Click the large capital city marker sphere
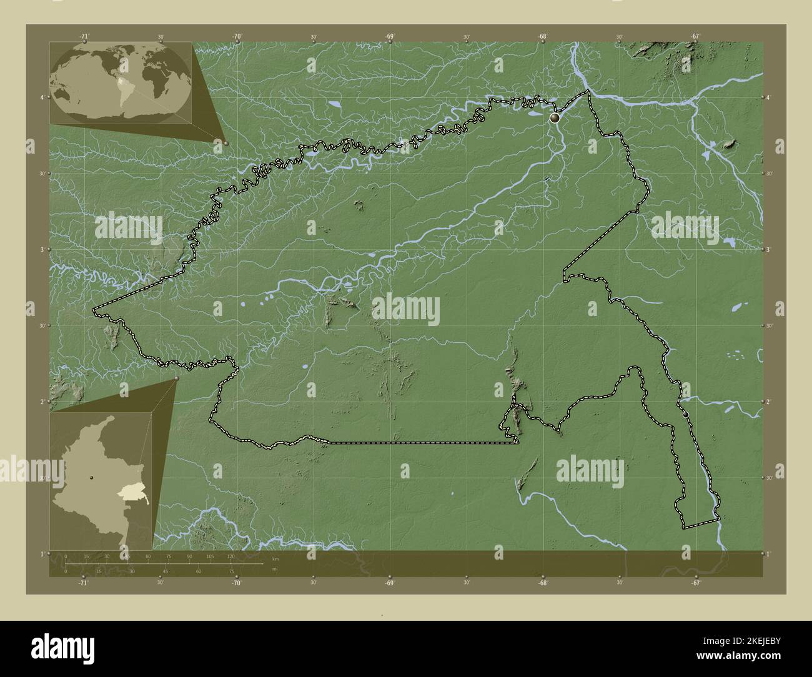(x=555, y=117)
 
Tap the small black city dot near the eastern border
(x=685, y=414)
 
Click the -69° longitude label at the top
(x=389, y=37)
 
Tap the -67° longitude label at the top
(x=695, y=37)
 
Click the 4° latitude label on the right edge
(x=768, y=97)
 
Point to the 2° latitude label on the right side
(x=768, y=402)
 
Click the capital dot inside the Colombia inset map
(x=92, y=477)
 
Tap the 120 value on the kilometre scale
(x=230, y=556)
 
